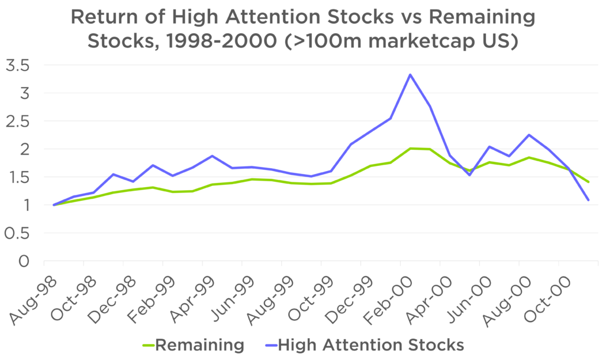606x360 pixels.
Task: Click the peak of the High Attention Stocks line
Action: pos(410,75)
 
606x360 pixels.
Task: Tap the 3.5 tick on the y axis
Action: pos(17,65)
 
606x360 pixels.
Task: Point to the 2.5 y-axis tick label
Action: pos(17,121)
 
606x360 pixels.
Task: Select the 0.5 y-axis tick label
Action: pos(17,233)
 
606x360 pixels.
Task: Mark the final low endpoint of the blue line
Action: pos(589,200)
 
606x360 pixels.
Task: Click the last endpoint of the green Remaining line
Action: pos(589,182)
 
